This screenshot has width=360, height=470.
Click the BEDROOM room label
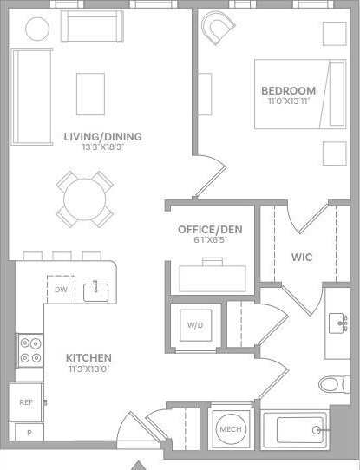[x=288, y=90]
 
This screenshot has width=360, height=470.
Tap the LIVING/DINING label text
[x=102, y=136]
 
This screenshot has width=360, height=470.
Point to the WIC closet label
[x=302, y=258]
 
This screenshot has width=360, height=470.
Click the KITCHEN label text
[x=88, y=357]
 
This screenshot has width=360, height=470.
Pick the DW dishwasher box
[x=61, y=290]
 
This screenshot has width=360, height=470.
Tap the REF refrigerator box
[x=26, y=402]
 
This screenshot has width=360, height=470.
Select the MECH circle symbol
[x=230, y=428]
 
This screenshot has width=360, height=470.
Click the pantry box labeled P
[x=29, y=432]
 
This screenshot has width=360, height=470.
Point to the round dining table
[x=83, y=198]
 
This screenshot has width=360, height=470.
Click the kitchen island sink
[x=96, y=290]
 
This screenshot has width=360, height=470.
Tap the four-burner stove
[x=29, y=349]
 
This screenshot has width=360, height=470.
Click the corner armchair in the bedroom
[x=217, y=31]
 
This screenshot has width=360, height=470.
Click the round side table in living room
[x=37, y=29]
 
